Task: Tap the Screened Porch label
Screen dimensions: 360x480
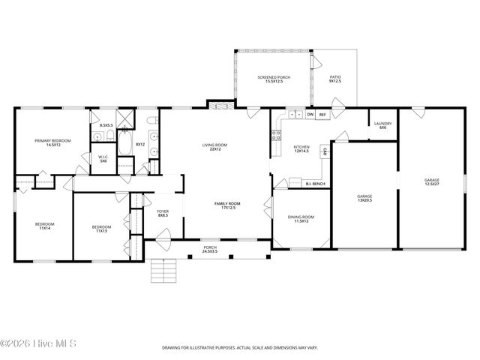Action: [x=274, y=79]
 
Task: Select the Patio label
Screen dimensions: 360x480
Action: [x=335, y=79]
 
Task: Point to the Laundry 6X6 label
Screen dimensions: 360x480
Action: [x=382, y=126]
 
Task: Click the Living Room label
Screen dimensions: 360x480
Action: [x=214, y=147]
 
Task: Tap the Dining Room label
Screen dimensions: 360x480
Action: [x=301, y=219]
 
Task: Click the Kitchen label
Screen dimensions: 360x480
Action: [x=301, y=149]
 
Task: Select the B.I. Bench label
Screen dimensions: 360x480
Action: [x=315, y=183]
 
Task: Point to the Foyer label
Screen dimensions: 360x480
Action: [x=163, y=213]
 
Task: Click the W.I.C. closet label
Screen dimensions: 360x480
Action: [x=104, y=159]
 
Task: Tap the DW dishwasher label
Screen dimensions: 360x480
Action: [x=310, y=115]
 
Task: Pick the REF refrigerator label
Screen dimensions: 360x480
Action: [x=322, y=115]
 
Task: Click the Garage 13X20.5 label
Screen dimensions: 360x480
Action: [x=364, y=198]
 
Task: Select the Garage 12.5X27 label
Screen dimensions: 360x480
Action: [x=432, y=181]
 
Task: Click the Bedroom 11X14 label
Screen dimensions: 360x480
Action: [x=44, y=225]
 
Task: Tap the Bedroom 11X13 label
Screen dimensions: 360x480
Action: [x=100, y=229]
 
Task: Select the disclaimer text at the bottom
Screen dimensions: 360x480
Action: [x=239, y=348]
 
